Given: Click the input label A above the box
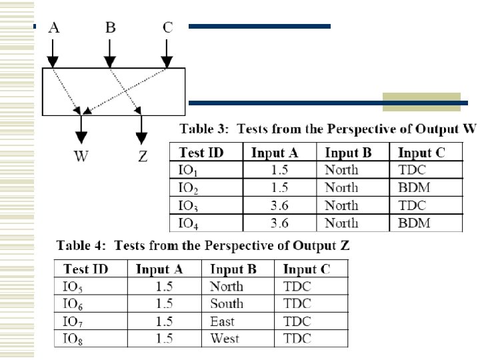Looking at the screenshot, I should pos(55,27).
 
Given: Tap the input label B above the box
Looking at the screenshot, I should pos(110,27).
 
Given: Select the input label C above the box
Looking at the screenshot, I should pos(168,27).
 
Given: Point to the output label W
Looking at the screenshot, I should pos(81,157).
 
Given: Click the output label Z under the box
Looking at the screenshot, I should pos(141,157).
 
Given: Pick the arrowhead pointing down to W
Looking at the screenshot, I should pos(81,137).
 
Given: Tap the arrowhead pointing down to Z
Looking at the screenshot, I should pos(141,137).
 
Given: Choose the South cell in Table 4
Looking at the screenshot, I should pos(227,303).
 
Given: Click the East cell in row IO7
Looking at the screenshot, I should pos(223,321).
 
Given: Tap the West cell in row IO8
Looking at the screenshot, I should pos(225,338).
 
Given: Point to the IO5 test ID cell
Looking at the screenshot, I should pos(73,287).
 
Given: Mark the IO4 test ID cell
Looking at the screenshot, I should pos(189,223).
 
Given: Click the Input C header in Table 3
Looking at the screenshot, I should pos(421,153).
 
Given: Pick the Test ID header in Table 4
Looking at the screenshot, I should pos(87,269).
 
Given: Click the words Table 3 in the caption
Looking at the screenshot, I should pos(200,129).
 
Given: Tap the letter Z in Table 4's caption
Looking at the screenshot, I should pos(345,245).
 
